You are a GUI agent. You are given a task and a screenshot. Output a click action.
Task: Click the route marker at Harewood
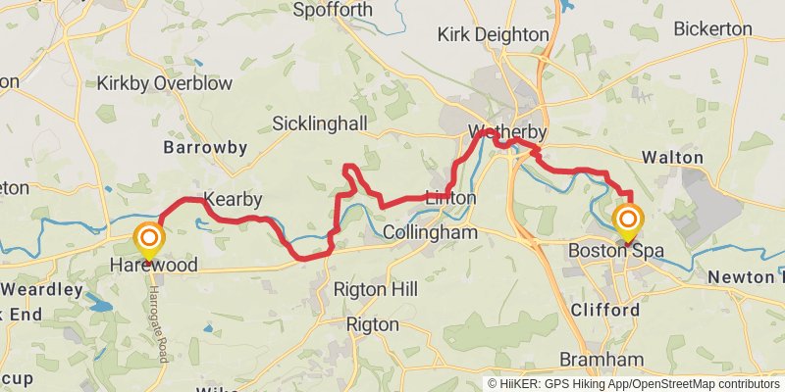pos(149,238)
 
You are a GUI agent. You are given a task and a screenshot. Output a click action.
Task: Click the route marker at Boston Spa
pos(628,220)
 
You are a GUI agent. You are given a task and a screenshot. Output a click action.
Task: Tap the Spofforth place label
pos(333,10)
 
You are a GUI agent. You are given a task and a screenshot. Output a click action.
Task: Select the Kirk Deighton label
pos(493,34)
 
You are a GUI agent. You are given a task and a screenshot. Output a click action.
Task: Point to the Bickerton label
pos(712,29)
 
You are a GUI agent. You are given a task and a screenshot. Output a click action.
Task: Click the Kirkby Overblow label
pos(165,83)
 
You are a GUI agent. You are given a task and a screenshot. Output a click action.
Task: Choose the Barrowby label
pos(205,148)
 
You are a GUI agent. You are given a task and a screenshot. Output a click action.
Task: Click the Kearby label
pos(233,200)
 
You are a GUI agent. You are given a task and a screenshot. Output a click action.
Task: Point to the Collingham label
pos(430,233)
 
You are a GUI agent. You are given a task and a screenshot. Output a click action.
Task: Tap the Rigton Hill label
pos(375,289)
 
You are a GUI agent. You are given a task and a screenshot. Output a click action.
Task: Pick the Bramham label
pos(602,359)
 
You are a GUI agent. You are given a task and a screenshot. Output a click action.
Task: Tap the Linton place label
pos(450,198)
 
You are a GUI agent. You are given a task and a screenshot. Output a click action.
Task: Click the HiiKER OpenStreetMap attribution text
pos(634,383)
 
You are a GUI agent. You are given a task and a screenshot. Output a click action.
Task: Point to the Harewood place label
pos(154,266)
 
